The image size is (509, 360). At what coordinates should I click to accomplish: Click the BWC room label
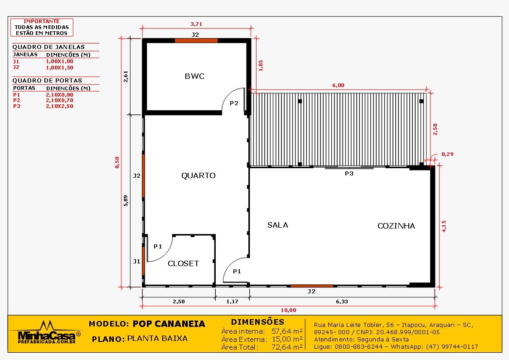[194, 76]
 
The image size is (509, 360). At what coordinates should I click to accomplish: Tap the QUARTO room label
[198, 175]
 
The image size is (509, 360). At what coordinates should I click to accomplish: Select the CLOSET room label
[183, 263]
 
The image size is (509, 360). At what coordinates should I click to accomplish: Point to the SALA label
[277, 225]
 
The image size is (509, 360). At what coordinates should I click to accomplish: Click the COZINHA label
[396, 226]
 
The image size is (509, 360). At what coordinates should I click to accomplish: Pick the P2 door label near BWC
[233, 103]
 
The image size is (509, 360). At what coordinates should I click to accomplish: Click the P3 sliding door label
[349, 173]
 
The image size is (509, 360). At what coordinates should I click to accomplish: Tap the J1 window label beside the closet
[136, 261]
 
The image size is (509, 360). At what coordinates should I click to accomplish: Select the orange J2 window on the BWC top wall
[196, 40]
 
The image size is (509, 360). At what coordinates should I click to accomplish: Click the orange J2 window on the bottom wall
[311, 286]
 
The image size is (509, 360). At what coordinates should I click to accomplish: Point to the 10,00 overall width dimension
[288, 310]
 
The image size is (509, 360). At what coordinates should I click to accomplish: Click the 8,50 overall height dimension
[117, 162]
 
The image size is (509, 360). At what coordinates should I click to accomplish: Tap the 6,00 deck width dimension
[338, 85]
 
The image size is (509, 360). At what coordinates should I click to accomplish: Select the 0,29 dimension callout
[447, 154]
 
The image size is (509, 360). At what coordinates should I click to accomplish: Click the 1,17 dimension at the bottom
[232, 301]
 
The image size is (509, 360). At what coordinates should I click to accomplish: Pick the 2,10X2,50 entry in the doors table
[59, 106]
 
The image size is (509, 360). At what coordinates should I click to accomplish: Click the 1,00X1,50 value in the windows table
[59, 67]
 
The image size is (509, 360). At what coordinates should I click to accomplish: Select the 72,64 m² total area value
[286, 347]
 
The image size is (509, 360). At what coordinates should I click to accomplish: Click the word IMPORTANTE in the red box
[41, 21]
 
